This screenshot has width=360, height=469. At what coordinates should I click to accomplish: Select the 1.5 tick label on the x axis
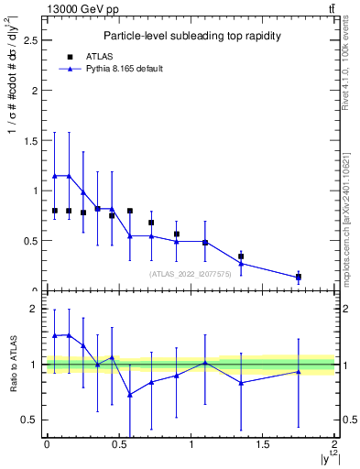point(262,444)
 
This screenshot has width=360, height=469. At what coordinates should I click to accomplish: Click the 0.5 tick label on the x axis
point(118,444)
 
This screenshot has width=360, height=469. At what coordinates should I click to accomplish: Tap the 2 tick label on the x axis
point(334,444)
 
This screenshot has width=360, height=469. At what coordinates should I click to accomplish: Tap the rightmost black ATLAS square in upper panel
point(299,277)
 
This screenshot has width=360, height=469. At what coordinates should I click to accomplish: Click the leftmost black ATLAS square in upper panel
point(55,211)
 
